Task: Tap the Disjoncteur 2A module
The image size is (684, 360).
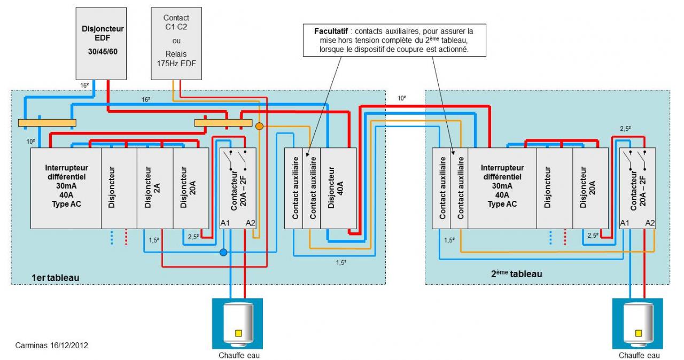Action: click(154, 187)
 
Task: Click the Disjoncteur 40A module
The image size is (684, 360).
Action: click(338, 187)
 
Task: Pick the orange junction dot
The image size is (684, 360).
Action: click(259, 127)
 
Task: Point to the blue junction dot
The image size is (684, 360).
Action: click(223, 252)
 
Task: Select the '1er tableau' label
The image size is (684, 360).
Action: click(56, 277)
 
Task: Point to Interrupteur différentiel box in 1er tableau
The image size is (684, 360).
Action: click(66, 187)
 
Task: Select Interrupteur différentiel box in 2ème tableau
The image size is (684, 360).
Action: click(502, 187)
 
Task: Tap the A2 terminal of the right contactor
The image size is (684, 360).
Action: click(650, 223)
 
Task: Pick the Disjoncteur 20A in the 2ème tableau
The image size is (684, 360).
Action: click(590, 187)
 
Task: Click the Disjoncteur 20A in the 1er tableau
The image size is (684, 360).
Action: click(191, 187)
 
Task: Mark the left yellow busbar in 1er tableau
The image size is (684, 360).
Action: click(47, 123)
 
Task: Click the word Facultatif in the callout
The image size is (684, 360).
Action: click(331, 30)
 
